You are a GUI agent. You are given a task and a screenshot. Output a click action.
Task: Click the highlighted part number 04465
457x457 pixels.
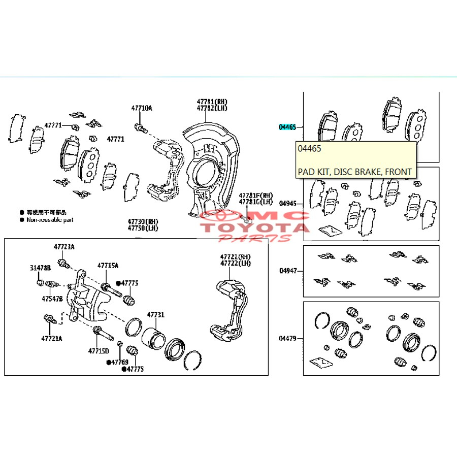(287, 127)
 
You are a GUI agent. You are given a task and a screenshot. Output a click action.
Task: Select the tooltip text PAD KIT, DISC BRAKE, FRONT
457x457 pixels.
(354, 172)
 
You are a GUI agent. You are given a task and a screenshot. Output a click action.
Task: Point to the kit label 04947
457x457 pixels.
(287, 271)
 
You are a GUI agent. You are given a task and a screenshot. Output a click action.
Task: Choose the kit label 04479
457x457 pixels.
(287, 338)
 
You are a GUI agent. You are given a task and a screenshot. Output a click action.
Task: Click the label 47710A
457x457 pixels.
(141, 108)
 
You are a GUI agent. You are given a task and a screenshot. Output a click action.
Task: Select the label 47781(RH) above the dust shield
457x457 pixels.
(212, 102)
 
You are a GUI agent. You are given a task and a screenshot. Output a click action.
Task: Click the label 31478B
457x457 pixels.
(40, 268)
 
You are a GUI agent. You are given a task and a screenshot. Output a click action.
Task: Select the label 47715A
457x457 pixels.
(108, 265)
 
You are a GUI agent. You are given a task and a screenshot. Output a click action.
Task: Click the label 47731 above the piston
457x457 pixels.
(156, 315)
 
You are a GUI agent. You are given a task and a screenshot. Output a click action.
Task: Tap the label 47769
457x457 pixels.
(120, 362)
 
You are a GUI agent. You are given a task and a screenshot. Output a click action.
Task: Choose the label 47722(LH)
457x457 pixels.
(236, 263)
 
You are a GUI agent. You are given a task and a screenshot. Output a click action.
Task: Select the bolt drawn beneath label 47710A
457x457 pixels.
(141, 128)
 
